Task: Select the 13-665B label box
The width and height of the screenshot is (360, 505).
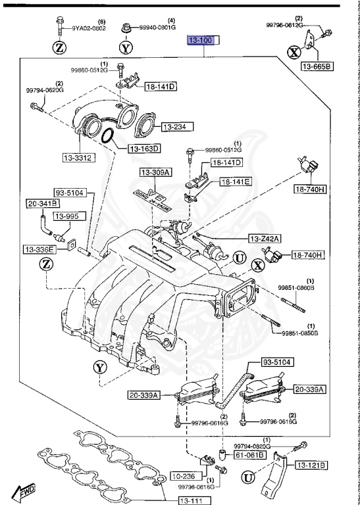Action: [318, 66]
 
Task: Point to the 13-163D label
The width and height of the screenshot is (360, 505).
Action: [144, 149]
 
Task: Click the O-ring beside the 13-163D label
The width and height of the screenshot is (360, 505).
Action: [109, 136]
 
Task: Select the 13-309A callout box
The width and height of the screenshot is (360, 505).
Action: [155, 172]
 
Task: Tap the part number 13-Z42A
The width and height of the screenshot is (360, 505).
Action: [265, 239]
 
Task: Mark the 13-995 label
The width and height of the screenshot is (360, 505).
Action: [66, 216]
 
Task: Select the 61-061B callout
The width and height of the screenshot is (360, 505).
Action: [251, 454]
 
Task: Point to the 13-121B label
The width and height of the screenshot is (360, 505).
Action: [309, 466]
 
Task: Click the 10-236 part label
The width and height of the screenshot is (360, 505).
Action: [185, 475]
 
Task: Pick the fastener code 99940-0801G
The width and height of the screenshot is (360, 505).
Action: [157, 28]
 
